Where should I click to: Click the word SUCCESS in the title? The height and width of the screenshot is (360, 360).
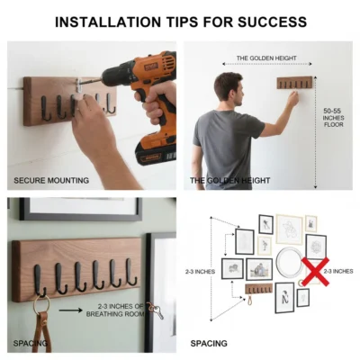pyautogui.click(x=272, y=22)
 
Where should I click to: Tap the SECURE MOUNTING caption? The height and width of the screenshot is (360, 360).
pyautogui.click(x=51, y=180)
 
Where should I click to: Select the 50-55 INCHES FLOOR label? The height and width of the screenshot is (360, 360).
pyautogui.click(x=333, y=118)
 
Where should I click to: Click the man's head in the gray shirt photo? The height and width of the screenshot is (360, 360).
pyautogui.click(x=228, y=90)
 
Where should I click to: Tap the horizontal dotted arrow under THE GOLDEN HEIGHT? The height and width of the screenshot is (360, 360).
pyautogui.click(x=267, y=64)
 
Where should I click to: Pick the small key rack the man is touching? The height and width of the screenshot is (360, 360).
pyautogui.click(x=294, y=83)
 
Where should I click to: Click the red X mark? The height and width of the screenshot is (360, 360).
pyautogui.click(x=315, y=271)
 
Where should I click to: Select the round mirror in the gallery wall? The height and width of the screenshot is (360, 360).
pyautogui.click(x=289, y=262)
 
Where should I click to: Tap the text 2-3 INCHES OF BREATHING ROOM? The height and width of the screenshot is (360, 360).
pyautogui.click(x=115, y=310)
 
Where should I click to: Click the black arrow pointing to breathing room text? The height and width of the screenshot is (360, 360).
pyautogui.click(x=70, y=310)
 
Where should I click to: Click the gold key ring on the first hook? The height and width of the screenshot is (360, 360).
pyautogui.click(x=41, y=303)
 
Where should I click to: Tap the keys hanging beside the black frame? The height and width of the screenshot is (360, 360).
pyautogui.click(x=155, y=310)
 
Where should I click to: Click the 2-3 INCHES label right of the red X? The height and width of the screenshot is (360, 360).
pyautogui.click(x=338, y=271)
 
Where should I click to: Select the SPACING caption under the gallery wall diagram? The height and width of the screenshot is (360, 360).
pyautogui.click(x=209, y=343)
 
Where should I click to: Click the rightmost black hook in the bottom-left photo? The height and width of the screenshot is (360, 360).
pyautogui.click(x=131, y=273)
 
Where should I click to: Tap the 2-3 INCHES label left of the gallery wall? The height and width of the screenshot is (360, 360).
pyautogui.click(x=200, y=272)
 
